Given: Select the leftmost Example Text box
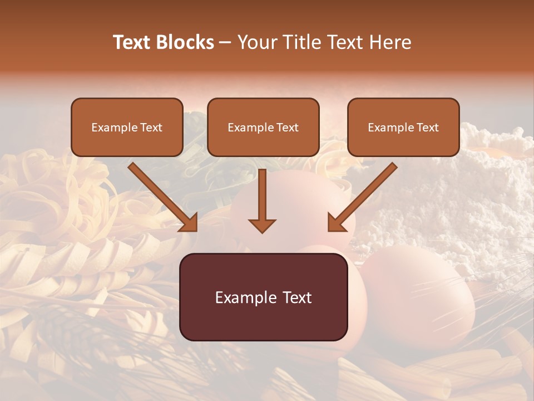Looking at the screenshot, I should point(127,127).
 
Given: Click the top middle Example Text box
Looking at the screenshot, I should point(263,127).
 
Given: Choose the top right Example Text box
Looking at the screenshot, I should point(403,127).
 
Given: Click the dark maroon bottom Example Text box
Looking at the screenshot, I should point(263,297).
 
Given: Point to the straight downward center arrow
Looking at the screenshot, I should point(262,200).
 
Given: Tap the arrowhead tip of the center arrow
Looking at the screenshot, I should point(262,231).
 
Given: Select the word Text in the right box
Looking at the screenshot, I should point(427,127).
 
